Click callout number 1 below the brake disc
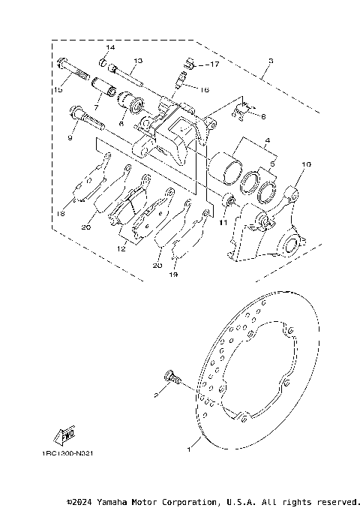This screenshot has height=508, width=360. (x=189, y=451)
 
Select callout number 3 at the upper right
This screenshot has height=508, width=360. (x=270, y=62)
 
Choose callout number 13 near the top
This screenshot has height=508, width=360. (x=138, y=60)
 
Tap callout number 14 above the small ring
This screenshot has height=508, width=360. (x=109, y=48)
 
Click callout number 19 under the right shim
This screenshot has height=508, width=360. (x=174, y=275)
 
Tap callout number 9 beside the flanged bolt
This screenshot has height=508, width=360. (x=70, y=138)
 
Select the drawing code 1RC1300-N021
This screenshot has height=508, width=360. (x=68, y=454)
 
